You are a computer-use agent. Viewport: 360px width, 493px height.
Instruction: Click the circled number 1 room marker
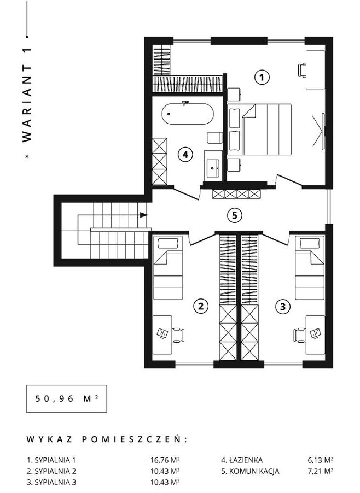click(262, 78)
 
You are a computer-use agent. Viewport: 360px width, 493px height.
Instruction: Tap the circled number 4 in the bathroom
click(185, 155)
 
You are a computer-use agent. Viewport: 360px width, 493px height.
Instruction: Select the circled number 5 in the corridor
click(235, 215)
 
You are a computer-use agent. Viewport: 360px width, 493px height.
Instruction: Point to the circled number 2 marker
click(201, 306)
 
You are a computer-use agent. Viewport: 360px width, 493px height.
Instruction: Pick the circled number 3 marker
click(283, 306)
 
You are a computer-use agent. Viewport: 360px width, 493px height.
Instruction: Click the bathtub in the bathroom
click(188, 114)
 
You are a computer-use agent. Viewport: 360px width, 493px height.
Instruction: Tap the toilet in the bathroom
click(214, 138)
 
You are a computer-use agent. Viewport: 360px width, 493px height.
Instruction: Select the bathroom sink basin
click(213, 166)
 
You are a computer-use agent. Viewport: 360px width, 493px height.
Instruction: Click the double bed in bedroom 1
click(259, 129)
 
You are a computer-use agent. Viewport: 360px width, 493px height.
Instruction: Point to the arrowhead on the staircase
click(144, 215)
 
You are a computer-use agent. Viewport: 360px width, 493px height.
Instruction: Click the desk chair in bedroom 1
click(302, 69)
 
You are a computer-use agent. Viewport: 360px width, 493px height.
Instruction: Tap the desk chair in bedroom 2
click(178, 335)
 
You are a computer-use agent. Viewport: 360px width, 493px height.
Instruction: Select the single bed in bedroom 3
click(310, 268)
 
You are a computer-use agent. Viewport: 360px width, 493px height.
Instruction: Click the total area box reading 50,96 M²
click(66, 398)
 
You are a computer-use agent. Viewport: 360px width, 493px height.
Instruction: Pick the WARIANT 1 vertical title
click(27, 95)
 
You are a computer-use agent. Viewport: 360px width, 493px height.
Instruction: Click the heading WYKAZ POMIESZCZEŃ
click(107, 439)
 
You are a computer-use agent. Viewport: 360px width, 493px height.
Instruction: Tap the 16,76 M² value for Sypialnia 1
click(165, 460)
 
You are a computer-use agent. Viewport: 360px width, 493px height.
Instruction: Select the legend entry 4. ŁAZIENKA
click(242, 460)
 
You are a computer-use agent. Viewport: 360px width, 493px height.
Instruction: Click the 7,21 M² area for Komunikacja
click(321, 471)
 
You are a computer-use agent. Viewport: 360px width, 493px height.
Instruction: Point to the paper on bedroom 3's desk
click(315, 333)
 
